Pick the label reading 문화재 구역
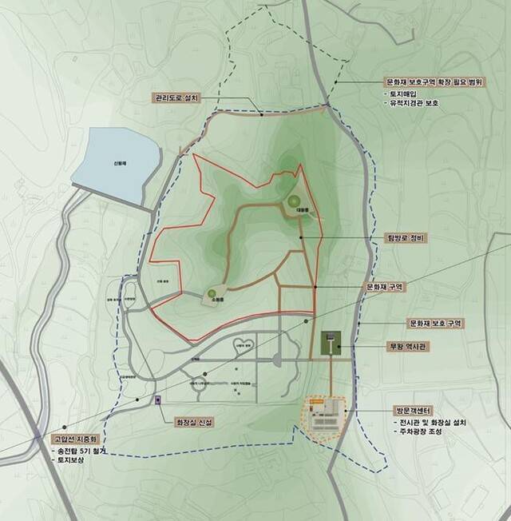(386, 286)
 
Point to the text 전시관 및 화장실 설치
(431, 423)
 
